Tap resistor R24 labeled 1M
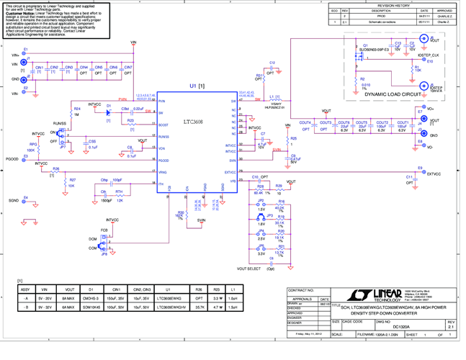(68, 112)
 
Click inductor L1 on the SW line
(272, 100)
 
